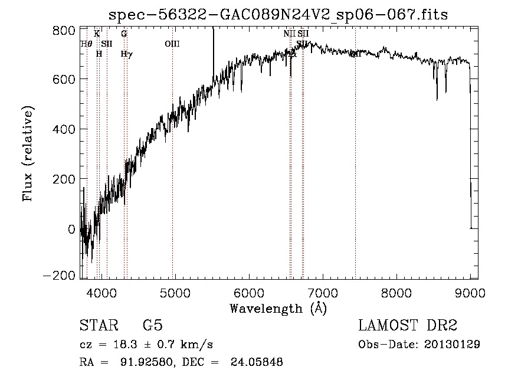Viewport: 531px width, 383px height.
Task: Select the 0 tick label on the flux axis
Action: tap(71, 228)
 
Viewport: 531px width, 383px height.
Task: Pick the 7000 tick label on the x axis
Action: tap(322, 292)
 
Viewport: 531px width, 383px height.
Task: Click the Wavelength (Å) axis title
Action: tap(278, 308)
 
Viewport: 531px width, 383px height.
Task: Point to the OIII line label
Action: tap(172, 44)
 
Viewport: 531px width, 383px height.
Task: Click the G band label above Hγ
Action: tap(124, 34)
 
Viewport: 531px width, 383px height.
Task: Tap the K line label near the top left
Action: tap(97, 34)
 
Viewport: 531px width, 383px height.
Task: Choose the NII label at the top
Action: tap(289, 34)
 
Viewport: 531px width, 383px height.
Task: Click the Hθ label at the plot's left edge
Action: tap(86, 44)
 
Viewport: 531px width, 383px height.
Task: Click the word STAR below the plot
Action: tap(98, 326)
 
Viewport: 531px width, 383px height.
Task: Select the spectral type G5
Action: tap(152, 326)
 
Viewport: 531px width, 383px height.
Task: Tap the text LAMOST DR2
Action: tap(408, 326)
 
